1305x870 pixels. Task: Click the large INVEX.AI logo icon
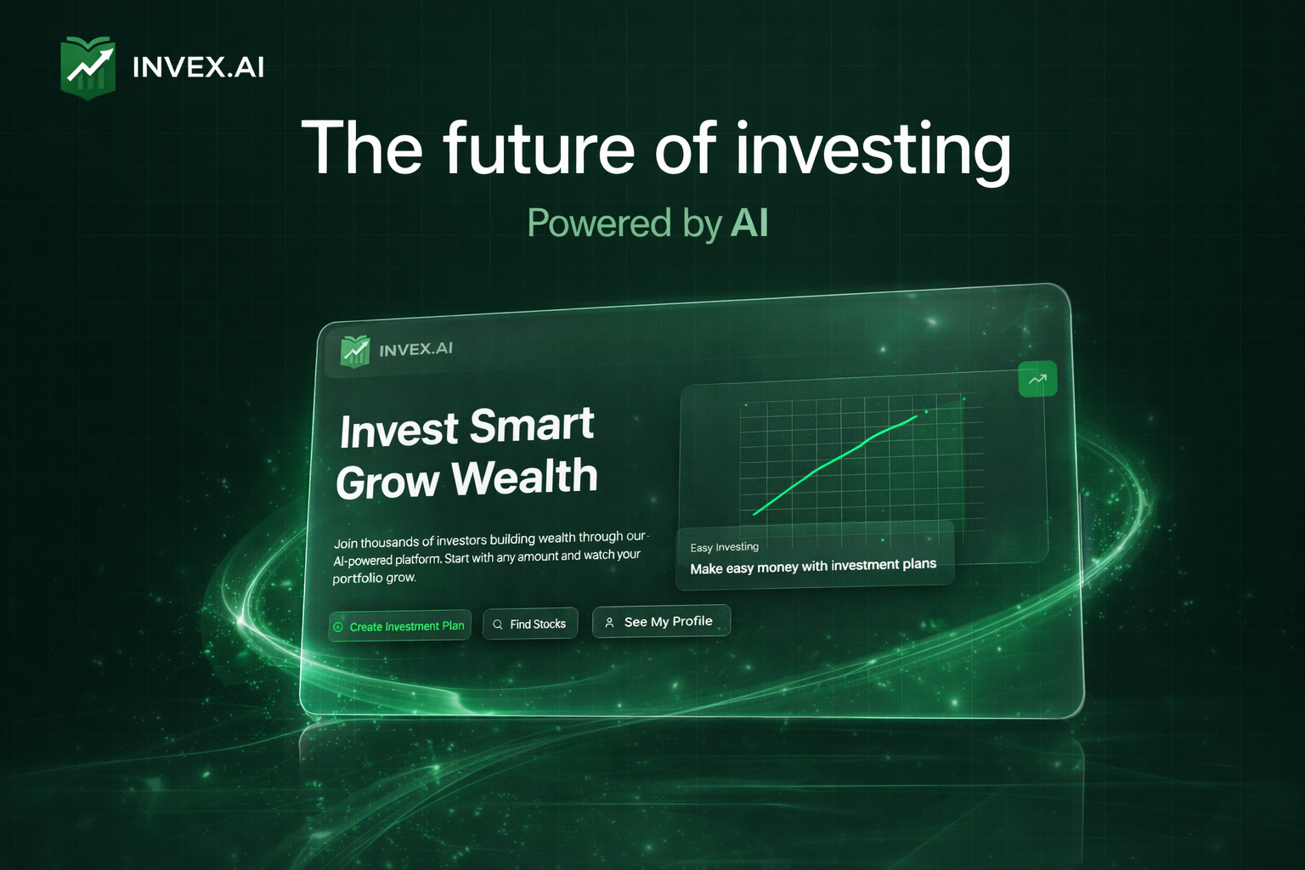88,68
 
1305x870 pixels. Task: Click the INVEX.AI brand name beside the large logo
198,67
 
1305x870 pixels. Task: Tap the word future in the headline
538,149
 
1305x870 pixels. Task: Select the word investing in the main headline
873,150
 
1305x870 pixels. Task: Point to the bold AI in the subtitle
749,223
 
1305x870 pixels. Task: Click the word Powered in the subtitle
599,223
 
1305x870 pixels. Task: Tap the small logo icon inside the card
355,350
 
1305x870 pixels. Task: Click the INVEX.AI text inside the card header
415,349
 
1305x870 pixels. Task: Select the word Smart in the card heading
532,426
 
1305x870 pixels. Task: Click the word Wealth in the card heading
525,477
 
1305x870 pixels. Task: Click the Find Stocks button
530,624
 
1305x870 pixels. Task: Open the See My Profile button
661,622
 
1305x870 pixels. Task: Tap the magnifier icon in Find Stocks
498,624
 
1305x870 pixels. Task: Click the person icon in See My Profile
609,623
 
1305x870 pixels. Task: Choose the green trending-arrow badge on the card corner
1037,379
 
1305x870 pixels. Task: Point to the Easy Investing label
725,547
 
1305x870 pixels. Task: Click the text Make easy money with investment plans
813,566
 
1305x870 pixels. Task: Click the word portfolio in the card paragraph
358,579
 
